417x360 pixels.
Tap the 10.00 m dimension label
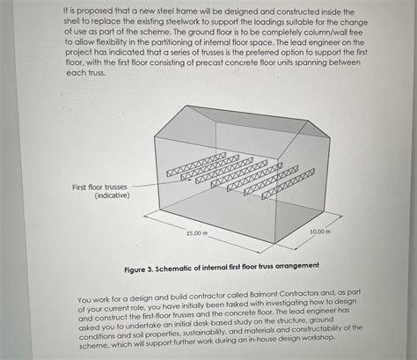tap(321, 231)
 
